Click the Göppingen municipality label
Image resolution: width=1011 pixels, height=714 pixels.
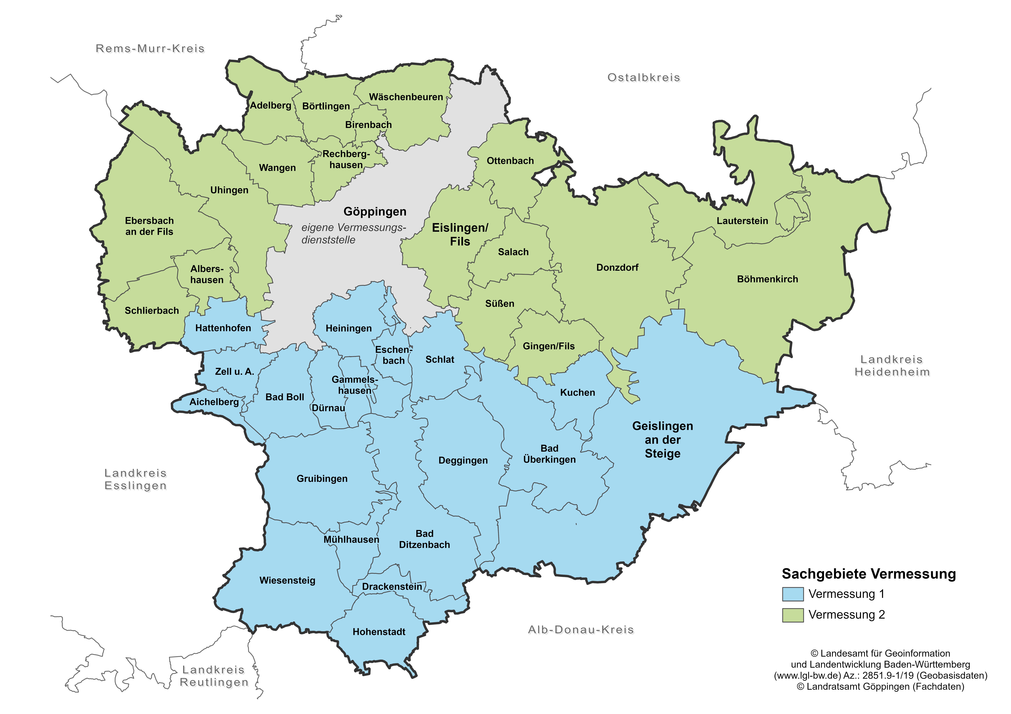375,212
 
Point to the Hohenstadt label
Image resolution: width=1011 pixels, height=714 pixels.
379,632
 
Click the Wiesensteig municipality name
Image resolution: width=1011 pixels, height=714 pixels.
287,580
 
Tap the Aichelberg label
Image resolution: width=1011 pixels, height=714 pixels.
214,402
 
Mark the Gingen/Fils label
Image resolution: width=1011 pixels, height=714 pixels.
549,346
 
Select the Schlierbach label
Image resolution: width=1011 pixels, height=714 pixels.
151,311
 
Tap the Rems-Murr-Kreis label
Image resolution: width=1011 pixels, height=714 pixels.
150,48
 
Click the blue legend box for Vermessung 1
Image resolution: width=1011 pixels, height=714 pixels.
793,594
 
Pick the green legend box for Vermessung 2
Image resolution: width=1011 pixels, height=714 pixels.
793,615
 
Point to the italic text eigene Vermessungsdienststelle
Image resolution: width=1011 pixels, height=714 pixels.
353,234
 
